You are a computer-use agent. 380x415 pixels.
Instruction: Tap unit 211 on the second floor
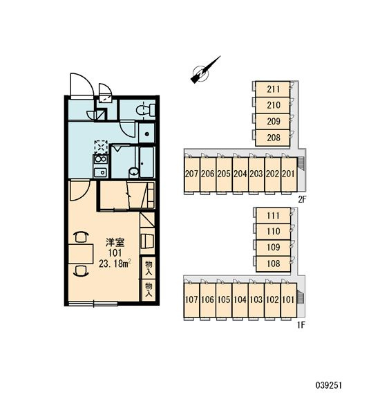pyautogui.click(x=272, y=89)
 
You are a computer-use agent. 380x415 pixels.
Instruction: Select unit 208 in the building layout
pyautogui.click(x=272, y=138)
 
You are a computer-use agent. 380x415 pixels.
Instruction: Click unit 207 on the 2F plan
pyautogui.click(x=191, y=174)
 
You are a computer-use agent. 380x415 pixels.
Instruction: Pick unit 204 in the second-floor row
pyautogui.click(x=240, y=174)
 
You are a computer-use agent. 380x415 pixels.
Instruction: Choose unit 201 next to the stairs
pyautogui.click(x=289, y=174)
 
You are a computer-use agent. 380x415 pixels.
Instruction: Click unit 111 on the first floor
pyautogui.click(x=273, y=215)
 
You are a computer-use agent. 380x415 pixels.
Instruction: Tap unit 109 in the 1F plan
pyautogui.click(x=273, y=248)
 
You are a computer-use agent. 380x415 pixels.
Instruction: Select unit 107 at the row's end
pyautogui.click(x=191, y=300)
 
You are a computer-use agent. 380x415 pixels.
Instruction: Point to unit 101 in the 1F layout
pyautogui.click(x=289, y=300)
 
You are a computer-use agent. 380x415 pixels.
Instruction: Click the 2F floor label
pyautogui.click(x=302, y=199)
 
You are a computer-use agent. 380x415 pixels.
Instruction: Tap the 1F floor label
pyautogui.click(x=301, y=325)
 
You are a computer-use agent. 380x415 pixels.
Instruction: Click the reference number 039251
pyautogui.click(x=329, y=385)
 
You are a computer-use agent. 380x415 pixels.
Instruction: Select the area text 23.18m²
pyautogui.click(x=115, y=264)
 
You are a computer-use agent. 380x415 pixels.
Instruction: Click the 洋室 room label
pyautogui.click(x=115, y=242)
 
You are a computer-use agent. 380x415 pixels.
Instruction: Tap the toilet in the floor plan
pyautogui.click(x=146, y=110)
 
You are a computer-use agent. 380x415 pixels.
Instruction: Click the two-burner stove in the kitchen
pyautogui.click(x=100, y=159)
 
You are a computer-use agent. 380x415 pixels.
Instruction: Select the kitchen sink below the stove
pyautogui.click(x=100, y=173)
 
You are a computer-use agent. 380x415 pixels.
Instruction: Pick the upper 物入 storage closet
pyautogui.click(x=149, y=267)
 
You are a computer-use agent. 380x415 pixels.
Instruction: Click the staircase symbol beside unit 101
pyautogui.click(x=301, y=297)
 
